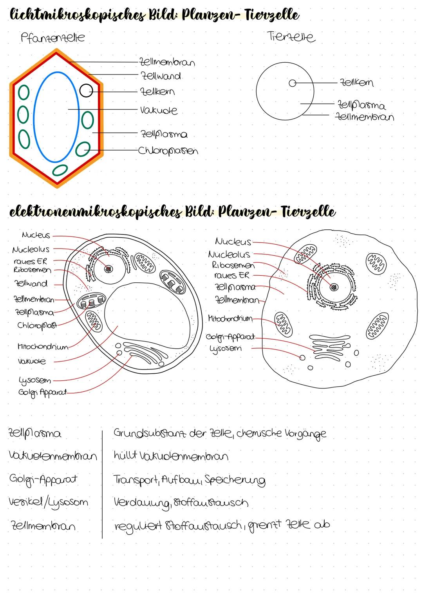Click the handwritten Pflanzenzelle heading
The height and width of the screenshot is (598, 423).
tap(53, 38)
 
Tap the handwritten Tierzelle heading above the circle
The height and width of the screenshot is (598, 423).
tap(291, 36)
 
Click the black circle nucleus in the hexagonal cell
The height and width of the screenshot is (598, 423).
tap(86, 91)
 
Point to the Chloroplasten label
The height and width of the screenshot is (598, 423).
tap(168, 151)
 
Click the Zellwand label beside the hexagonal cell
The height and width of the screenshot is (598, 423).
tap(161, 76)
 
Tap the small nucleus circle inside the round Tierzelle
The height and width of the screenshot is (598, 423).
tap(293, 83)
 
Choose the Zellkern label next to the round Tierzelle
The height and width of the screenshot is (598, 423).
tap(356, 82)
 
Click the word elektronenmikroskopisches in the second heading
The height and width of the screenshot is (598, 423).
tap(96, 212)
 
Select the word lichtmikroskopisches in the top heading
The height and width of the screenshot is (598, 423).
tap(78, 15)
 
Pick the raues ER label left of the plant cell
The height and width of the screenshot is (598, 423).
tap(31, 261)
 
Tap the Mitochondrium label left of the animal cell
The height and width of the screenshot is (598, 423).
tap(230, 318)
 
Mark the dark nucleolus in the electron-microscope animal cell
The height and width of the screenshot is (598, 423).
tap(334, 287)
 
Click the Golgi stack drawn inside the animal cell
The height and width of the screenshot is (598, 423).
tap(330, 346)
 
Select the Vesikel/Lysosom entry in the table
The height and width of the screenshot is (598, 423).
tap(48, 503)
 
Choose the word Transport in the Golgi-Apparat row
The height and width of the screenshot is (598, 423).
tap(136, 480)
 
